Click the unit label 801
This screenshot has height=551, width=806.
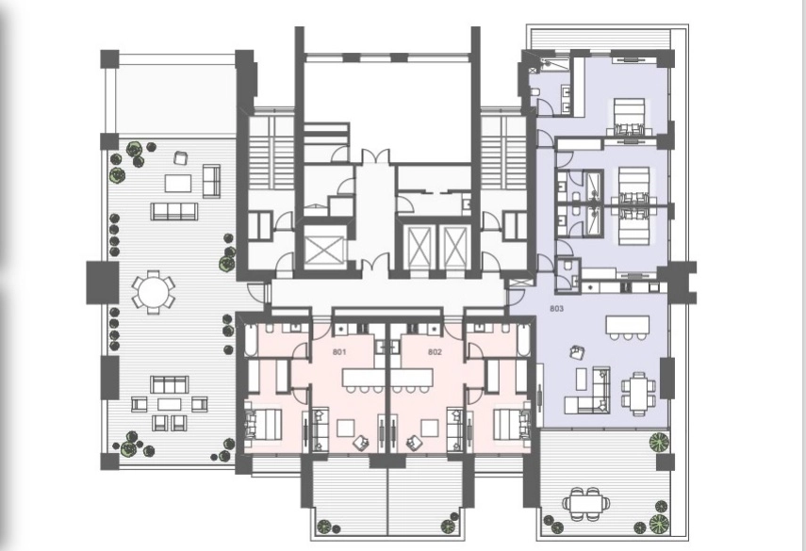tap(339, 352)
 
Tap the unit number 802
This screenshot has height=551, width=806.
tap(435, 352)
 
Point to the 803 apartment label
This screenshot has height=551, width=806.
tap(557, 309)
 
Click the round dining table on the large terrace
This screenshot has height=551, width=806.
tap(153, 292)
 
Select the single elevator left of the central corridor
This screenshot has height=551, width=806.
tap(322, 251)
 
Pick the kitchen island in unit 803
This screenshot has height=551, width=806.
tap(627, 325)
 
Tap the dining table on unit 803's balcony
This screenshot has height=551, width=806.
tap(586, 503)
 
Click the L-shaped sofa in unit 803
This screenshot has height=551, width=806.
tap(587, 391)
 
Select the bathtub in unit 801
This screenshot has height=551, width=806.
tap(252, 340)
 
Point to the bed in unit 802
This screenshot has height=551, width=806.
tap(512, 424)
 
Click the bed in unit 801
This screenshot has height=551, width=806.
tap(263, 424)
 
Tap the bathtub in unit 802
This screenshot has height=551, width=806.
tap(523, 340)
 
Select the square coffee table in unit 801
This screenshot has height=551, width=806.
tap(345, 429)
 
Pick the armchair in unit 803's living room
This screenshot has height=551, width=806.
tap(577, 352)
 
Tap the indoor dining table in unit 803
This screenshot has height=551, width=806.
tap(638, 394)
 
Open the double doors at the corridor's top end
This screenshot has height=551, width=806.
tap(374, 156)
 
